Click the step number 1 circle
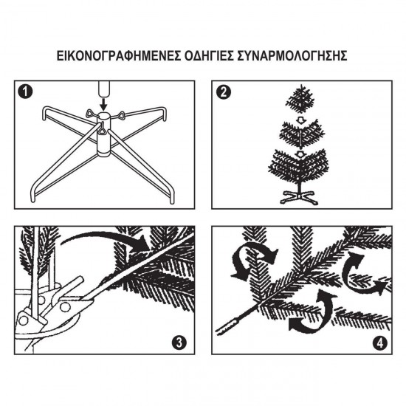coord(26,92)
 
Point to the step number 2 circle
coord(223,92)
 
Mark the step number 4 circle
coord(380,343)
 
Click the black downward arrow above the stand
coord(104,104)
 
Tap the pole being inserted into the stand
coord(104,89)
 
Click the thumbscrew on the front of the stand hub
coord(102,128)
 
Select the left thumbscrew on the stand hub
coord(90,113)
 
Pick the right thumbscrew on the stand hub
coord(120,114)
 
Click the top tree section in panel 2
coord(300,99)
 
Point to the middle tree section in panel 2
coord(301,134)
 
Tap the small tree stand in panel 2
coord(299,197)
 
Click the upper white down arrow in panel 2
coord(300,120)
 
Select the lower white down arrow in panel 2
coord(300,154)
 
